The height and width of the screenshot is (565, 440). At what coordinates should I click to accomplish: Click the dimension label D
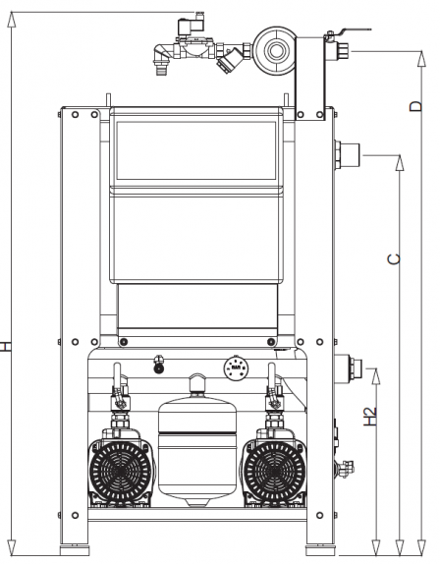tap(415, 106)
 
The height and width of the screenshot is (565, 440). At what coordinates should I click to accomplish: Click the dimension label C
tap(394, 259)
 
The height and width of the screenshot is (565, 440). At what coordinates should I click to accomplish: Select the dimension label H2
tap(370, 417)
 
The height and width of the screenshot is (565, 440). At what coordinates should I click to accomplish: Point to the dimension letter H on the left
tap(5, 347)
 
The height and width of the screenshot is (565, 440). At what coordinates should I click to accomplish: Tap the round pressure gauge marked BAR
tap(236, 367)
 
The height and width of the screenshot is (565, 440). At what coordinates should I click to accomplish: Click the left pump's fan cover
tap(121, 471)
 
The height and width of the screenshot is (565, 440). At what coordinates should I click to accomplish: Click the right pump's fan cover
tap(275, 471)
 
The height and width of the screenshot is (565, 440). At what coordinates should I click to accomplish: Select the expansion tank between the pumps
tap(197, 440)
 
